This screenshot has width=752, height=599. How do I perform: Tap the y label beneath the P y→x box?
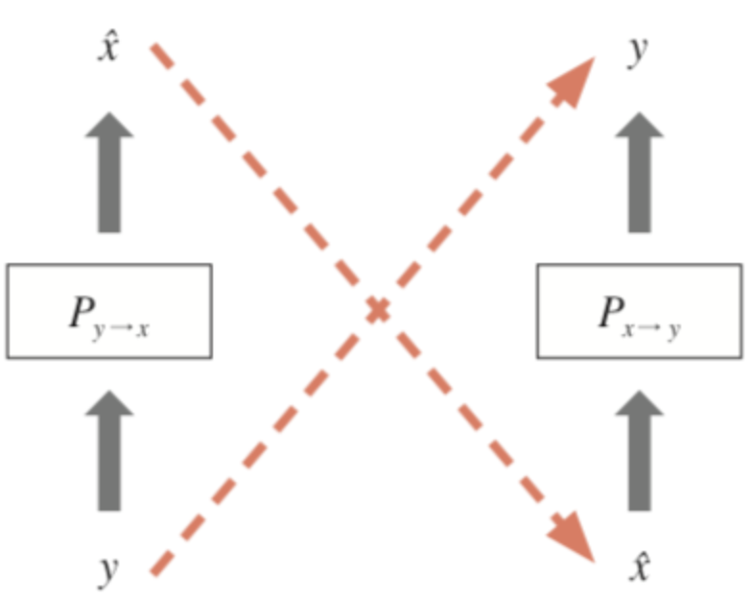pyautogui.click(x=109, y=569)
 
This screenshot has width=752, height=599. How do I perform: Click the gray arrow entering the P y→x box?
pyautogui.click(x=109, y=450)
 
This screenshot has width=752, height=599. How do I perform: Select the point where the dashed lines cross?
pyautogui.click(x=378, y=309)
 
